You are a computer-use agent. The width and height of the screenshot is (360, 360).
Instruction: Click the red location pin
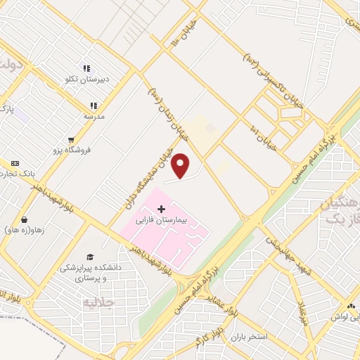point(181,165)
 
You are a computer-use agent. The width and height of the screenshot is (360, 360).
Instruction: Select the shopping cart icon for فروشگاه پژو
point(71,139)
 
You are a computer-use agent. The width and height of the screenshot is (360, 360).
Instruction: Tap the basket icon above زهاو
point(25,219)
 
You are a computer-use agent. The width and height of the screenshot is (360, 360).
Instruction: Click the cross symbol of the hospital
point(162,209)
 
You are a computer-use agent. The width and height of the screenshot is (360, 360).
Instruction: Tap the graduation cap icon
point(89,257)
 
